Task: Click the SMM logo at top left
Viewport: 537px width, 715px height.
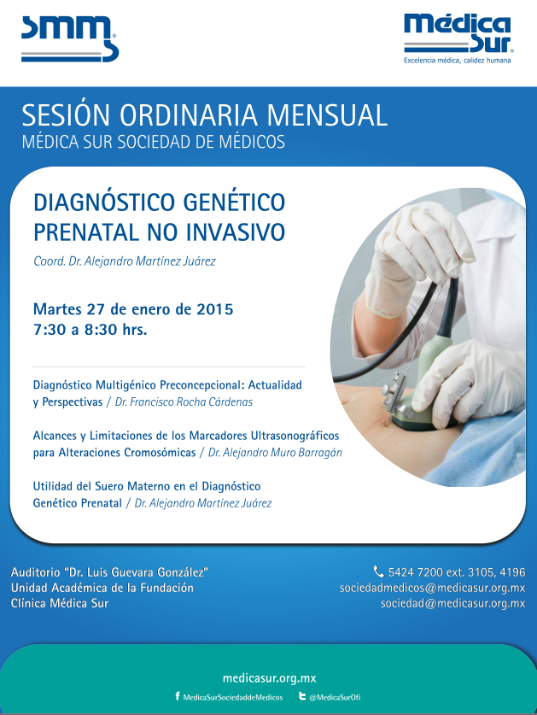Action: [x=69, y=38]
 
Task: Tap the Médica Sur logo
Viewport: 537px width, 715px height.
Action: [x=458, y=33]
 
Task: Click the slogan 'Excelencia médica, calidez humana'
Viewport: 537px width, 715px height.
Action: [x=458, y=60]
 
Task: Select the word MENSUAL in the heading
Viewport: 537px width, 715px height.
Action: [x=327, y=115]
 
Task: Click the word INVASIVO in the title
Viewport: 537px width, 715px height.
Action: [x=235, y=232]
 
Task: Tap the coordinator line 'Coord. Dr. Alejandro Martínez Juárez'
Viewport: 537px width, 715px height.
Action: [x=125, y=261]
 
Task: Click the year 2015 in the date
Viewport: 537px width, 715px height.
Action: [x=214, y=309]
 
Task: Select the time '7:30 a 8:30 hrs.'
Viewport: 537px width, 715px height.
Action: [x=90, y=329]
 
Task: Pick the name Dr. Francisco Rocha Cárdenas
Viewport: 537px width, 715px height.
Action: [x=184, y=401]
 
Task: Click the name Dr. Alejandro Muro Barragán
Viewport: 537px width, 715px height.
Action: [x=275, y=453]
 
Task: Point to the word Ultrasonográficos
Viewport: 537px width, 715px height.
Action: [x=295, y=436]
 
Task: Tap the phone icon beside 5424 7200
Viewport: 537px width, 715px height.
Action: [x=378, y=571]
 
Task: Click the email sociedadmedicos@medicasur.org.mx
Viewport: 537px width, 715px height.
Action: [x=433, y=588]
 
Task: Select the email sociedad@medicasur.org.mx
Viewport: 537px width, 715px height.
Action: [x=453, y=603]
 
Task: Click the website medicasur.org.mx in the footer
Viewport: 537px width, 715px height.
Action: [x=270, y=678]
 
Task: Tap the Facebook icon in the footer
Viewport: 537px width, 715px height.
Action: [x=178, y=696]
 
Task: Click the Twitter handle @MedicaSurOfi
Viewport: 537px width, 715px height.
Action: [x=335, y=697]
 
